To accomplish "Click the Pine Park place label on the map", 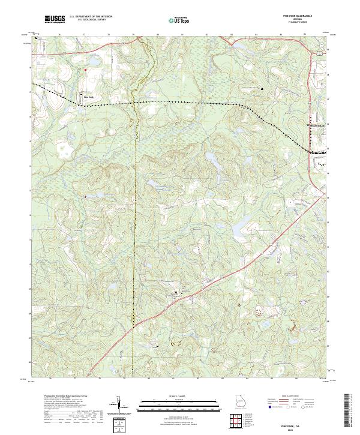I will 89,97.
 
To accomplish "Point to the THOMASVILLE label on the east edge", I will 319,125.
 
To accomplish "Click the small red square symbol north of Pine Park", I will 85,70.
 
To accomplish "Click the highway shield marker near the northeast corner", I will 320,53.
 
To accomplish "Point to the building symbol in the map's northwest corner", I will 37,39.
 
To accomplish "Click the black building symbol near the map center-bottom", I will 175,292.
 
